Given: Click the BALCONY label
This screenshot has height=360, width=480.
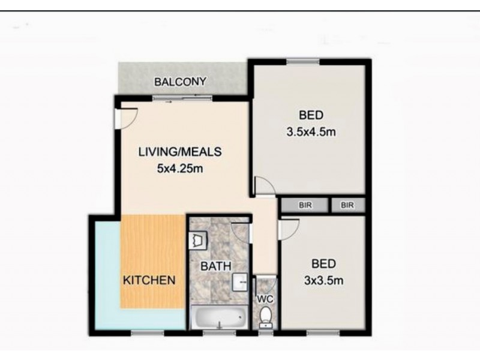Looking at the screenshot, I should tap(180, 82).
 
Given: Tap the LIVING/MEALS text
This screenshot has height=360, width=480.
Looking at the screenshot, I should tap(180, 152).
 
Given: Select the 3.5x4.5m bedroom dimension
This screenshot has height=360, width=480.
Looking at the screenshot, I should tap(311, 132).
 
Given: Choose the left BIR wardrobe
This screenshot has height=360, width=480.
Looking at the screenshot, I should tap(305, 205).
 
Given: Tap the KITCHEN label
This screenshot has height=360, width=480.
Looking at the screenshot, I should tap(149, 280).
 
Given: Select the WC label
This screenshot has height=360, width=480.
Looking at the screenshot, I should tap(265, 298).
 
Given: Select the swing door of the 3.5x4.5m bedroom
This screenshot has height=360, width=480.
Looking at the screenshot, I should tap(264, 187).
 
